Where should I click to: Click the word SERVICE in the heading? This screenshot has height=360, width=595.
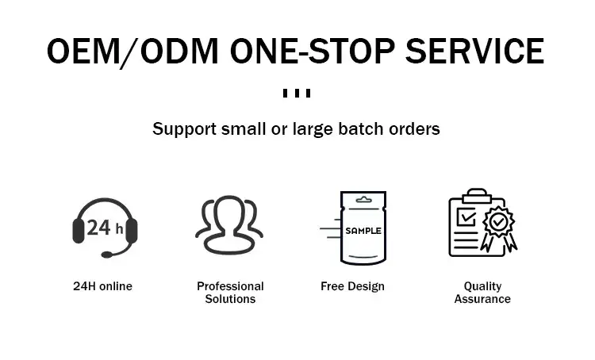click(474, 52)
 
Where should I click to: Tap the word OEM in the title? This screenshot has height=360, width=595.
click(83, 52)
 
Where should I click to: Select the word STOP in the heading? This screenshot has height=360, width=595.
click(351, 52)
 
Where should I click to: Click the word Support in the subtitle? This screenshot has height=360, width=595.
click(184, 129)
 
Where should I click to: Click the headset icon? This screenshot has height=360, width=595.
click(105, 228)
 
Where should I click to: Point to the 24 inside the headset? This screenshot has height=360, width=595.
click(98, 228)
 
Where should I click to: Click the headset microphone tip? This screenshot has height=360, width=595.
click(107, 255)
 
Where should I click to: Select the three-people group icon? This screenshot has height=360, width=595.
click(229, 224)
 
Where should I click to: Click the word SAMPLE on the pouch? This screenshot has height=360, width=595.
click(363, 231)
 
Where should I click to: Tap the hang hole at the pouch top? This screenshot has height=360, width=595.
click(363, 200)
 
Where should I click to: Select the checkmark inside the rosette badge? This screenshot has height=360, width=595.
click(498, 221)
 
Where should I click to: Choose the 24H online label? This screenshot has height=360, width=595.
click(103, 286)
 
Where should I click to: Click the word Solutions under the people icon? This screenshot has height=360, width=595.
click(230, 299)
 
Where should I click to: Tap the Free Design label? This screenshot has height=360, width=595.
click(352, 286)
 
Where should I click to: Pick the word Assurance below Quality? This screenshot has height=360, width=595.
click(482, 299)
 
